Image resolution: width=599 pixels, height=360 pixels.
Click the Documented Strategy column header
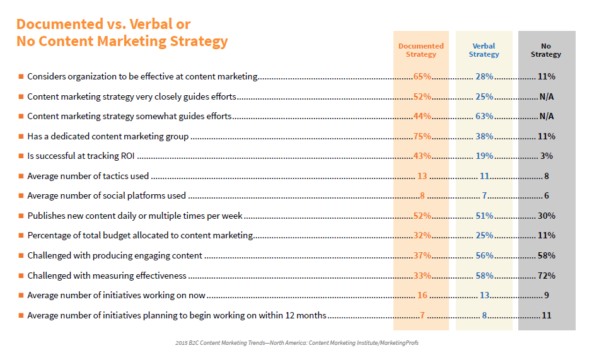[x=421, y=50]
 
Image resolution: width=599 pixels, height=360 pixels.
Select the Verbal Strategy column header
[x=484, y=50]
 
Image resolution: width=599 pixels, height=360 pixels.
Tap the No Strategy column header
[x=546, y=50]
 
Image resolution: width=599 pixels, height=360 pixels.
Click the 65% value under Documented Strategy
[x=422, y=76]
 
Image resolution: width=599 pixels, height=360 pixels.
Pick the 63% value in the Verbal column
[x=484, y=116]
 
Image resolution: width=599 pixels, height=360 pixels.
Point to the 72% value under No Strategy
[x=547, y=276]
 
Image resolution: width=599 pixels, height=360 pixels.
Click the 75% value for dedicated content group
[x=422, y=136]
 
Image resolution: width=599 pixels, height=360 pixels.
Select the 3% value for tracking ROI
[x=547, y=156]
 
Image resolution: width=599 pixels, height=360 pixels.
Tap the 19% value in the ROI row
[x=484, y=156]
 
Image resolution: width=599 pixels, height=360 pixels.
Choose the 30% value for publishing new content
[x=547, y=216]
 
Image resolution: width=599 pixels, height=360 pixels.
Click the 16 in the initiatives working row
[x=422, y=296]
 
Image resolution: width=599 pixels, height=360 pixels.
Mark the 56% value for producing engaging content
[x=484, y=256]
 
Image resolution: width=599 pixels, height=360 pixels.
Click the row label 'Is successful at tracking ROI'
[x=81, y=156]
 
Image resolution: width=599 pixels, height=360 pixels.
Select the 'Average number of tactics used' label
[x=88, y=176]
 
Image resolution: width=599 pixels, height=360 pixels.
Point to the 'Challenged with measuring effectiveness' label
[x=107, y=276]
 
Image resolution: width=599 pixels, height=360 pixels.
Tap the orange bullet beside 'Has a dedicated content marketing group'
[x=21, y=136]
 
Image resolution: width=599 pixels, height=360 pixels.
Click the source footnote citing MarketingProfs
[x=297, y=343]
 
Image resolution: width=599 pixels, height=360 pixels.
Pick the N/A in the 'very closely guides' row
[x=547, y=96]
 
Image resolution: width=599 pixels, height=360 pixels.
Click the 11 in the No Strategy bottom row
[x=547, y=316]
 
